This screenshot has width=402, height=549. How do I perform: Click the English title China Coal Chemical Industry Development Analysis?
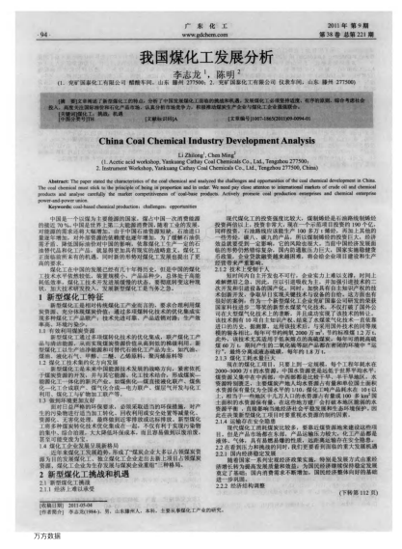[x=200, y=142]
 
